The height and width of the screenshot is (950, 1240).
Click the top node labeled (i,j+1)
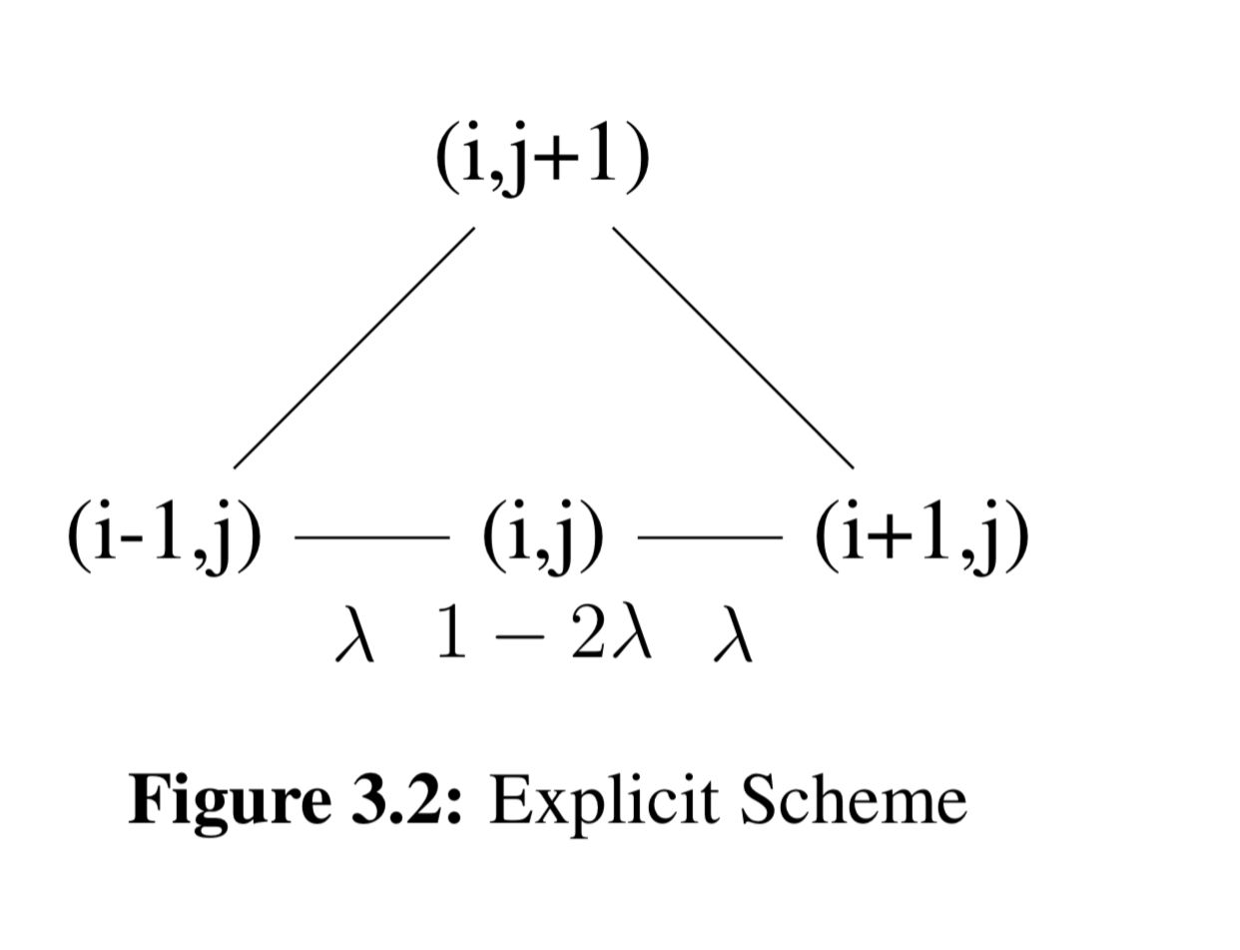(x=543, y=160)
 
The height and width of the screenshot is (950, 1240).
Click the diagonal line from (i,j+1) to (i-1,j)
(x=353, y=348)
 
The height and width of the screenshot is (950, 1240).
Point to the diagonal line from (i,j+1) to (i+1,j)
(x=733, y=348)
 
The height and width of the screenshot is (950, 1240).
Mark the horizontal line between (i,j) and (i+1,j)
(x=710, y=537)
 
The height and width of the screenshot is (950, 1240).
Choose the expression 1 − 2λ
(x=544, y=635)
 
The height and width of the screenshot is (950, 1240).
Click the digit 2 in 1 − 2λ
(x=588, y=635)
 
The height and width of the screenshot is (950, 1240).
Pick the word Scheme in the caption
(x=853, y=799)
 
